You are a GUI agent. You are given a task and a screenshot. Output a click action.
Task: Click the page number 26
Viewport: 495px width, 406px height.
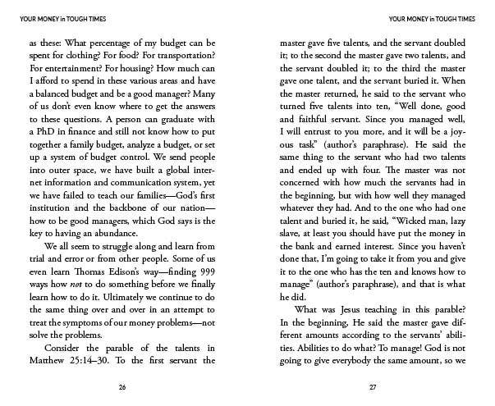click(x=122, y=386)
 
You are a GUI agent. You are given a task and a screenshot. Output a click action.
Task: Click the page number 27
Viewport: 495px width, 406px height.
click(x=374, y=386)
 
